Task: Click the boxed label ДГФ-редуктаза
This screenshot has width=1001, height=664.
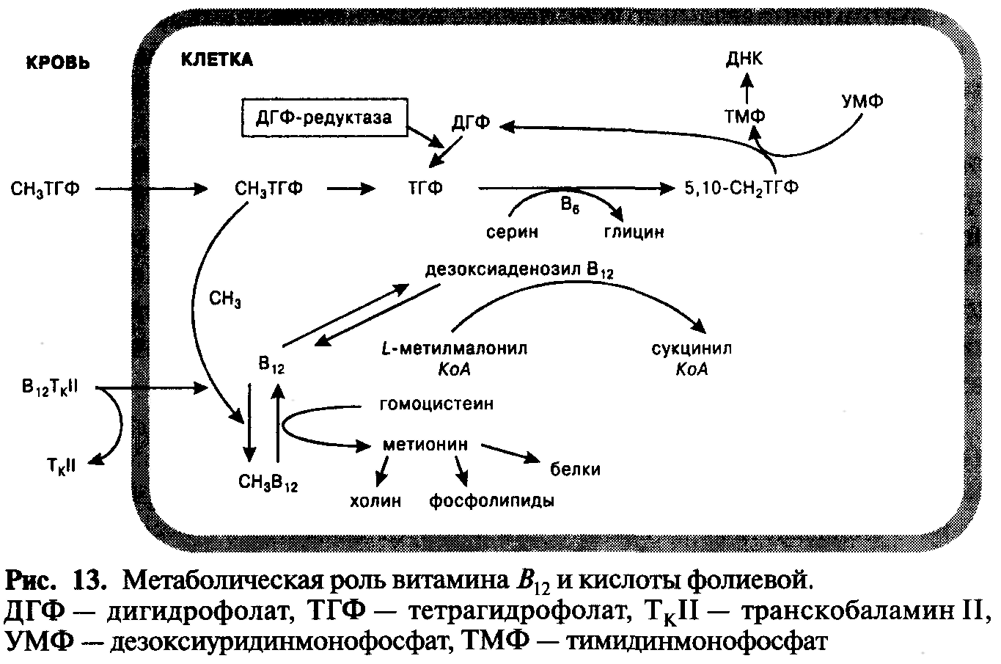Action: [x=323, y=116]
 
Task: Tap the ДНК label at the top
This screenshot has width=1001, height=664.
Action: [x=744, y=59]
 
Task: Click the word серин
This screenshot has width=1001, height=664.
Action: [x=513, y=232]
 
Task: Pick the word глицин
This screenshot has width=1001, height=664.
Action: [x=634, y=232]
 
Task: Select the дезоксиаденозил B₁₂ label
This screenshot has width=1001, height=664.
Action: [x=519, y=269]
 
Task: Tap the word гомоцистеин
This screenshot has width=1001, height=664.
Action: [x=436, y=404]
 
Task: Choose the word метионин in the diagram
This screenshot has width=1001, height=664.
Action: [x=425, y=445]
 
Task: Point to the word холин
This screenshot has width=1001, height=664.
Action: [x=375, y=501]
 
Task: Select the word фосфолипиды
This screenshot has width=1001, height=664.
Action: [x=491, y=501]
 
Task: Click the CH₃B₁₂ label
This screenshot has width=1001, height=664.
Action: [x=268, y=484]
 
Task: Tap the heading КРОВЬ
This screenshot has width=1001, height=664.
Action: [x=58, y=62]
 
